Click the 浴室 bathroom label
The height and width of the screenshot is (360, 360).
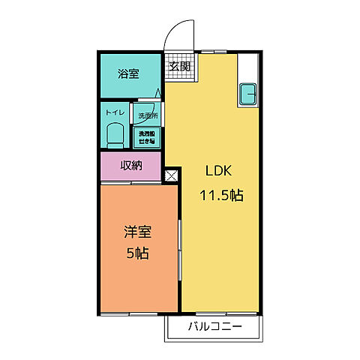128,73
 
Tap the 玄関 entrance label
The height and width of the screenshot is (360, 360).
178,65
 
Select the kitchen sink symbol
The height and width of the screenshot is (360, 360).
247,94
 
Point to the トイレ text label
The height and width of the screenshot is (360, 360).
115,112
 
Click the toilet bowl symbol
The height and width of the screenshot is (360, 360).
115,135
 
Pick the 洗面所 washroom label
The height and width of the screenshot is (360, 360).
147,115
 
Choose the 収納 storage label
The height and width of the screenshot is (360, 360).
131,166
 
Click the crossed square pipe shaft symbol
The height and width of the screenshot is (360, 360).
171,177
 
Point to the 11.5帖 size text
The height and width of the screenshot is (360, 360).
220,196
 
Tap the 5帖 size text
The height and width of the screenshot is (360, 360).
136,253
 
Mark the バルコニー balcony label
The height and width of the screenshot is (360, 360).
214,328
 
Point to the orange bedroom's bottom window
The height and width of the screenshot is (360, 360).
139,312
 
